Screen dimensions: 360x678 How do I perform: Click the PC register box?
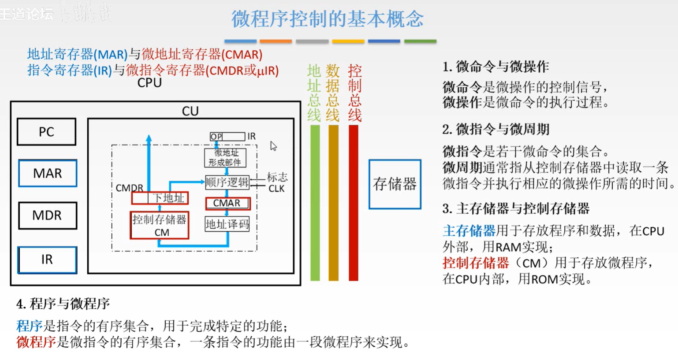(46, 132)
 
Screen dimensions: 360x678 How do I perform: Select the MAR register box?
(48, 173)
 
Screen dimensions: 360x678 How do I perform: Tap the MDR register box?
(47, 215)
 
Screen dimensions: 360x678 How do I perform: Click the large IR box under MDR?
(47, 260)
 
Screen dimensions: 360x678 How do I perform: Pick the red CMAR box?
(227, 203)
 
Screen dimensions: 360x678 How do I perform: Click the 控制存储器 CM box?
(160, 225)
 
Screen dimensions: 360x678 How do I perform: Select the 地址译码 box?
(227, 224)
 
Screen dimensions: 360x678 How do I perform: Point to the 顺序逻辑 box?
(227, 182)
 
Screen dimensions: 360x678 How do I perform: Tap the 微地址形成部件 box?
(225, 157)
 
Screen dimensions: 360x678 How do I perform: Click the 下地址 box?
(160, 198)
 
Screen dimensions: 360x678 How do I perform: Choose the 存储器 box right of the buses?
(395, 184)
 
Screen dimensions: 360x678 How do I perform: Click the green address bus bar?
(315, 203)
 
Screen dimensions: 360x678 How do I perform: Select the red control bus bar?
(353, 203)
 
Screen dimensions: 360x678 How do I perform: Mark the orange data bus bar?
(333, 203)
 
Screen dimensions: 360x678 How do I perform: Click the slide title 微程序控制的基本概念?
(327, 19)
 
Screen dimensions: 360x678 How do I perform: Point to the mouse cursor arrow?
(273, 146)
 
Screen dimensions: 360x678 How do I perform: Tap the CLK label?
(276, 189)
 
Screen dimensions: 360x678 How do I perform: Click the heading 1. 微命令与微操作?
(495, 67)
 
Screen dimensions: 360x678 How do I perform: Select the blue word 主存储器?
(469, 230)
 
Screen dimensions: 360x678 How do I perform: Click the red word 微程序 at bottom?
(36, 342)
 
